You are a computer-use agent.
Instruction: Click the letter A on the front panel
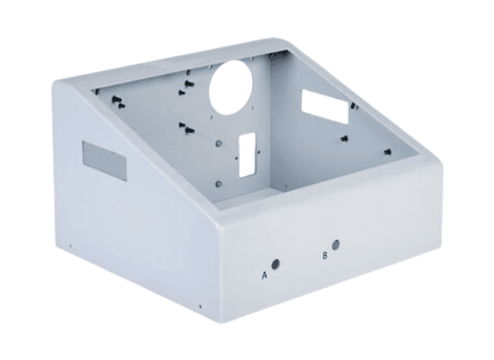[265, 275]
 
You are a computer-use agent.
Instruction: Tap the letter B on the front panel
[325, 256]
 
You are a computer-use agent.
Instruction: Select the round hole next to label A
[276, 264]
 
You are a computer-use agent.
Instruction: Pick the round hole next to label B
[336, 244]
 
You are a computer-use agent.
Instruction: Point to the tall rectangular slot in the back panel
[247, 154]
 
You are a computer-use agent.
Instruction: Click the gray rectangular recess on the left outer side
[104, 160]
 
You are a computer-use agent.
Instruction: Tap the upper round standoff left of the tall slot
[218, 144]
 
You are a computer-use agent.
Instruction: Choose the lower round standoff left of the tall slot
[218, 183]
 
